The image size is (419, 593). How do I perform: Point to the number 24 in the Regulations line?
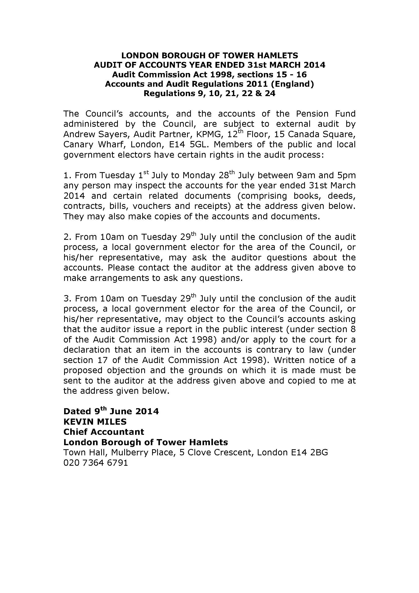tap(270, 93)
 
